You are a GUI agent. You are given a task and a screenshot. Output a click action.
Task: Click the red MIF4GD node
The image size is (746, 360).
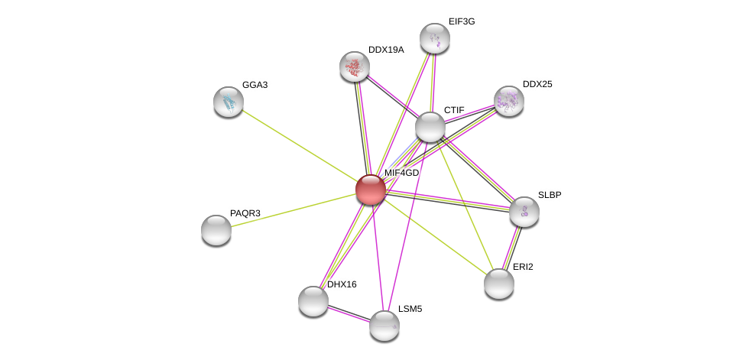(371, 190)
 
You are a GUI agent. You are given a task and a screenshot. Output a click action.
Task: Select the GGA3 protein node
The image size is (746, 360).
(229, 101)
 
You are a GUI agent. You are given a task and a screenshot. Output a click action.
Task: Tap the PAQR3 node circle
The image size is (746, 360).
(216, 229)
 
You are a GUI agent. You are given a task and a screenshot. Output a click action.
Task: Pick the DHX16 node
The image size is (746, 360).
(313, 300)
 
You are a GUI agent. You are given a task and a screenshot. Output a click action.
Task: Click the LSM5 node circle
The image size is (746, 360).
(384, 325)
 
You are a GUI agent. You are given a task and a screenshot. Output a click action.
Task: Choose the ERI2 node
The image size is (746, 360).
(499, 283)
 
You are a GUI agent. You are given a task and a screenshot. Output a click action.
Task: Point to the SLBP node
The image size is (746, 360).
(524, 211)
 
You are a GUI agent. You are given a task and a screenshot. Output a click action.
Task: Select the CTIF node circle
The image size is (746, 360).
(430, 126)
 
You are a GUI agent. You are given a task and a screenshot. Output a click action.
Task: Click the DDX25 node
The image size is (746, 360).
(509, 100)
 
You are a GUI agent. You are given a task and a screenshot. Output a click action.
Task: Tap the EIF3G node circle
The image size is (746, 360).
(435, 38)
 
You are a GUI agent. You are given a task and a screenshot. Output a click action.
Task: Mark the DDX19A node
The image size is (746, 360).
(355, 66)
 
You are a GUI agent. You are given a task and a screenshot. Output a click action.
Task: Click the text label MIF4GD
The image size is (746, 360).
(401, 173)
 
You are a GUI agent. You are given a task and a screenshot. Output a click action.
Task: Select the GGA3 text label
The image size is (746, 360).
(255, 85)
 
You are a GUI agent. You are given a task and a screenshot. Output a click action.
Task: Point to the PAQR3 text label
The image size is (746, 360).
(245, 213)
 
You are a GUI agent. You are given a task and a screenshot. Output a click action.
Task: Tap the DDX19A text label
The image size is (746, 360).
(386, 50)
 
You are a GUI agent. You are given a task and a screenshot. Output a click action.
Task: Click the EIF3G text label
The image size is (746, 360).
(462, 21)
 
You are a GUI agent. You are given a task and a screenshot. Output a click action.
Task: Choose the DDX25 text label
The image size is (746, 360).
(537, 84)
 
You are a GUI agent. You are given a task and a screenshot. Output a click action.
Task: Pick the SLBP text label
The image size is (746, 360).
(550, 195)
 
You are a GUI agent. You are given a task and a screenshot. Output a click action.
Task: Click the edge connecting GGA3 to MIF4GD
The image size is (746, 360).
(298, 144)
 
